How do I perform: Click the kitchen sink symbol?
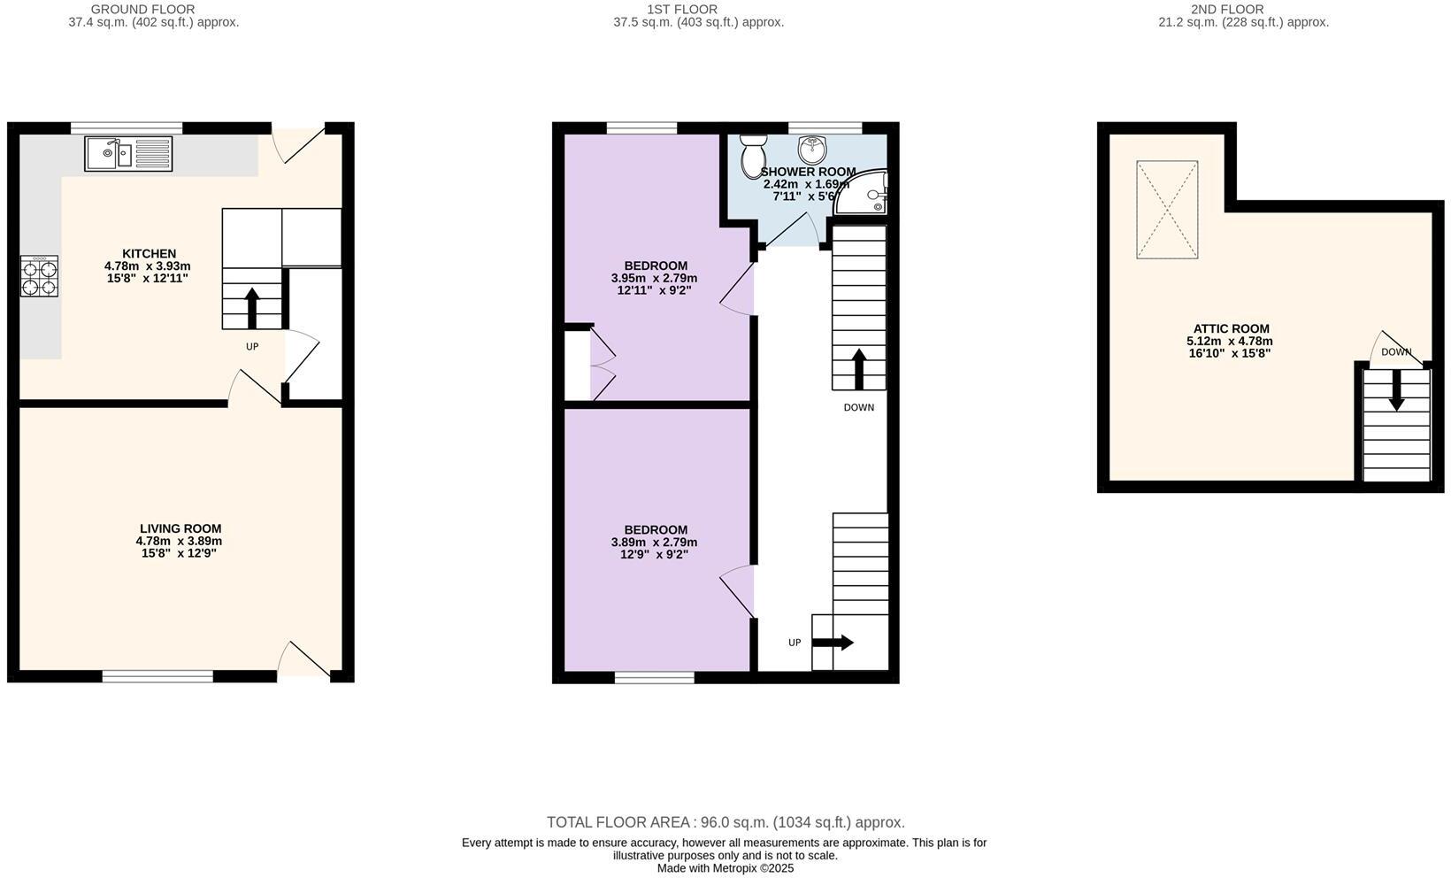[x=129, y=153]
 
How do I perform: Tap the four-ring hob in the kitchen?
[x=39, y=275]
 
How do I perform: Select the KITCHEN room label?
[x=149, y=254]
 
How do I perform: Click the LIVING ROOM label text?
[x=180, y=529]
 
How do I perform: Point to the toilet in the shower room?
[x=754, y=157]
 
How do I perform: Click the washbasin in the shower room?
[x=812, y=150]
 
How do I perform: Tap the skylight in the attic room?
[x=1167, y=210]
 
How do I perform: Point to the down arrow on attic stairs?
[x=1396, y=390]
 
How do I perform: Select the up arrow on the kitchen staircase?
[x=251, y=307]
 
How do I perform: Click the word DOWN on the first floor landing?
[x=858, y=408]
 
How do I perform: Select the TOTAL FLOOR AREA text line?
[x=725, y=822]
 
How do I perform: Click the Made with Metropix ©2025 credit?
[x=725, y=868]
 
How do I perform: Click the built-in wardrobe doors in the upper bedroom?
[x=603, y=364]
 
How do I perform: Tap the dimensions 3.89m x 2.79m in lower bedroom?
[x=654, y=543]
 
